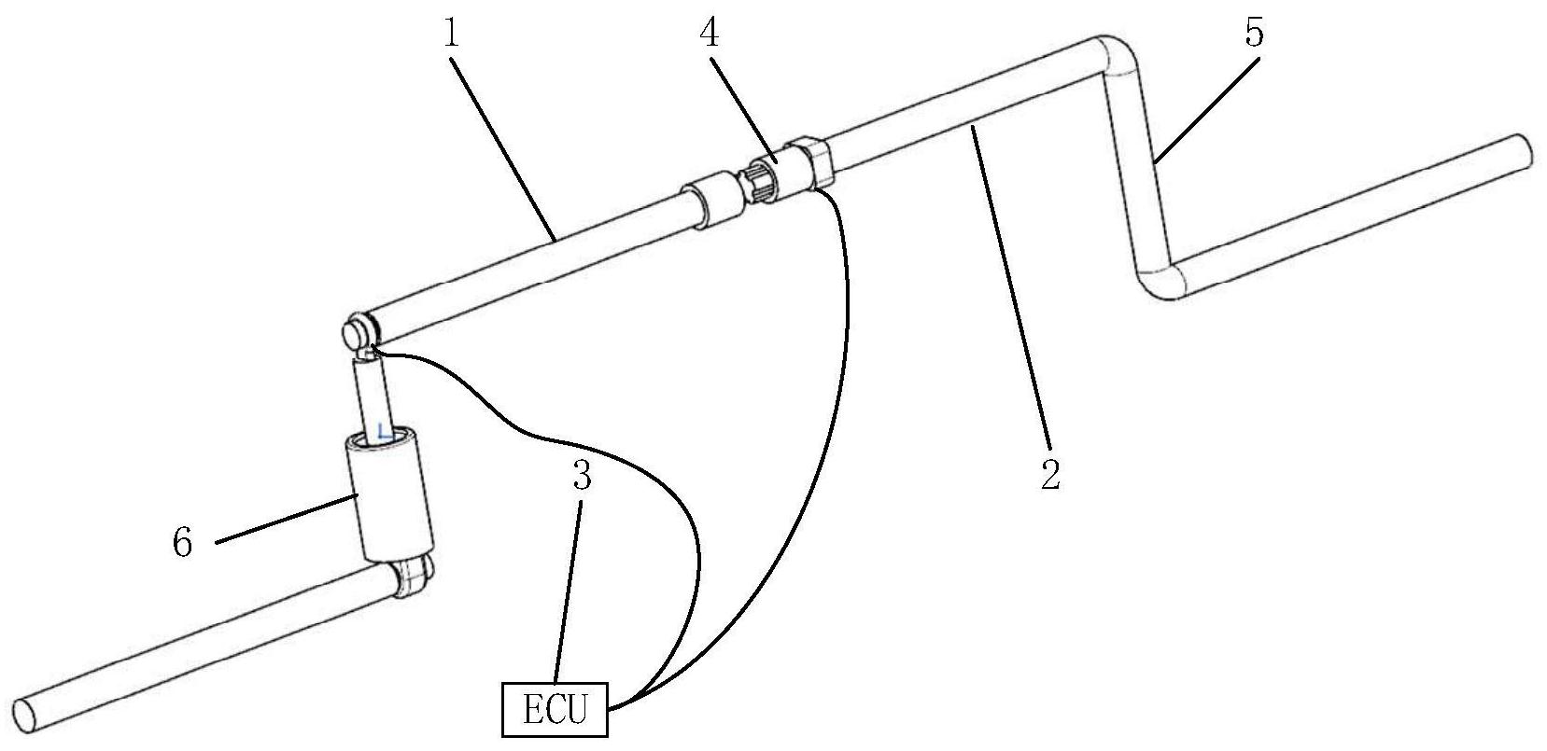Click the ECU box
[556, 711]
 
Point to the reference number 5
[1253, 35]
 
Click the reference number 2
[1051, 474]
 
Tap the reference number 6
[183, 542]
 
